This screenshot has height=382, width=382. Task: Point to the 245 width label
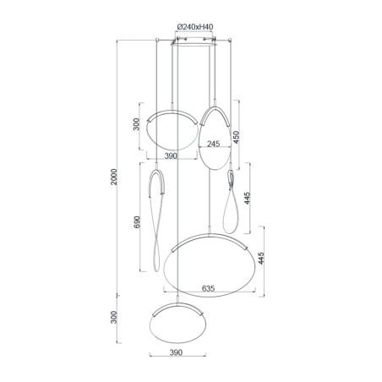point(214,145)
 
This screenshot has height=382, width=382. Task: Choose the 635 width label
point(208,288)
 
